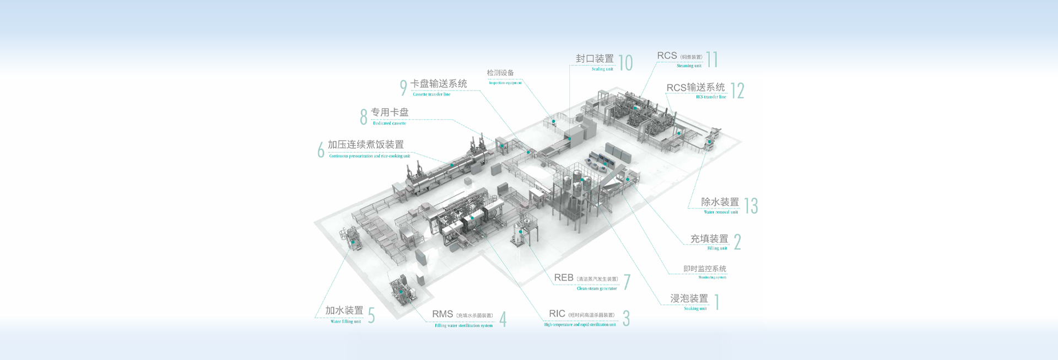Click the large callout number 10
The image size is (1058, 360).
click(625, 63)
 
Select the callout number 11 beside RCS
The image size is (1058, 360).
click(712, 60)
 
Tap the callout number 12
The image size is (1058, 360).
click(737, 90)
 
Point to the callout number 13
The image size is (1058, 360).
click(751, 206)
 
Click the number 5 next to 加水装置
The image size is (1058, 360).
click(371, 315)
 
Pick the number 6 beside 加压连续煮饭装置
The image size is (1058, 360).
click(321, 149)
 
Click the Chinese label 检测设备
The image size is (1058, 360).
click(500, 73)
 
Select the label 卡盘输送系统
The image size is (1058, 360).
click(439, 84)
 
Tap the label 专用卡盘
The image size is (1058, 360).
click(390, 112)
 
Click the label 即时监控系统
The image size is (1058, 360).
click(705, 268)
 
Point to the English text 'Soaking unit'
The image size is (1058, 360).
click(695, 309)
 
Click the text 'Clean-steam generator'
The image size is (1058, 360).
click(597, 288)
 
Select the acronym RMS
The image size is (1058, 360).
click(442, 314)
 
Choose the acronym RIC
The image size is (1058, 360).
click(557, 313)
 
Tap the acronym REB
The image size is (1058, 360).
click(564, 278)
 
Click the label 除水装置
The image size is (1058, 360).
click(720, 202)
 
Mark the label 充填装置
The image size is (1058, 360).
click(709, 239)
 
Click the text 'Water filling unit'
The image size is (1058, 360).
click(346, 321)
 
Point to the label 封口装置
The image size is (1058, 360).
click(595, 58)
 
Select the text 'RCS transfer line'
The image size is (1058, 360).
click(711, 97)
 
